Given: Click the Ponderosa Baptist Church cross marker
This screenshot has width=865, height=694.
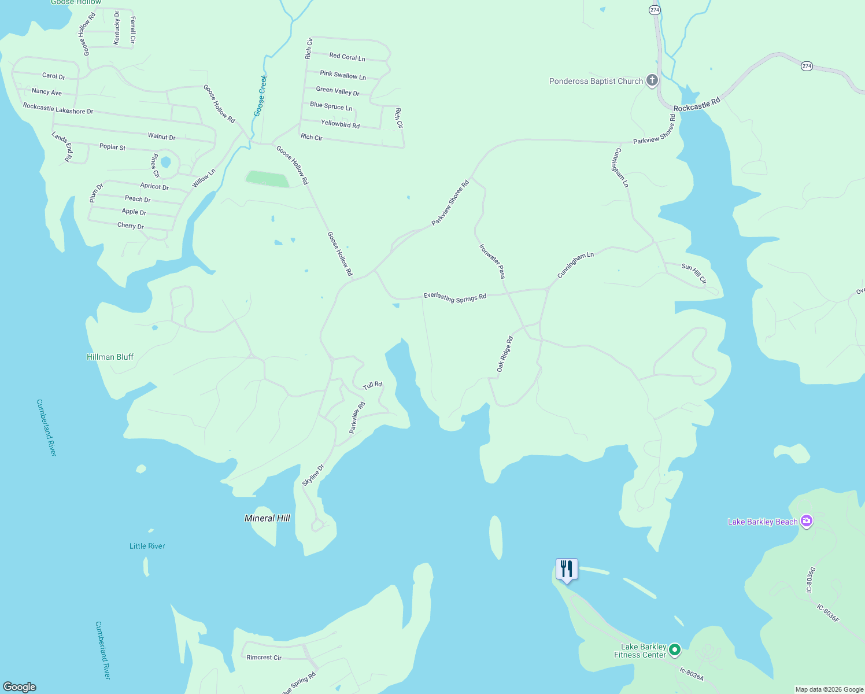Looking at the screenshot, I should [x=652, y=80].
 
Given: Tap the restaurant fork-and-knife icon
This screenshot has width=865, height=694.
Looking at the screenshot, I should [x=567, y=569].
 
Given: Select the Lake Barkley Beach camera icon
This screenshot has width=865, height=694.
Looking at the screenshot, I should [x=807, y=521].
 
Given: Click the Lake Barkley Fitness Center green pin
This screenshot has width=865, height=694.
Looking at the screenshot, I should [x=674, y=651].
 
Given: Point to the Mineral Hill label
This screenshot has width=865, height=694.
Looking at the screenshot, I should [x=267, y=518].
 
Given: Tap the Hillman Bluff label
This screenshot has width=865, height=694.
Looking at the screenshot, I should [x=110, y=357].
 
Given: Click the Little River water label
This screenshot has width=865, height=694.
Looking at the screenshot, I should [x=147, y=546].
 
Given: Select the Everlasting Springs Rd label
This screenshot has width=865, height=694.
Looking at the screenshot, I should [x=454, y=297].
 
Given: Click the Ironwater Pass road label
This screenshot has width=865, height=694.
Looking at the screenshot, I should [x=492, y=261].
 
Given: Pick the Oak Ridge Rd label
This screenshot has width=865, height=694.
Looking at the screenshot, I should [x=504, y=354].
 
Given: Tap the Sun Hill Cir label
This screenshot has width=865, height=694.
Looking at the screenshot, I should [x=694, y=274].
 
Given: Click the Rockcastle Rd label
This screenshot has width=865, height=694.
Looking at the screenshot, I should [x=697, y=105].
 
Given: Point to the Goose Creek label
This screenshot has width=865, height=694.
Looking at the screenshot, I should [x=261, y=95].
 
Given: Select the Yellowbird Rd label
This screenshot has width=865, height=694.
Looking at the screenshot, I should [x=340, y=124].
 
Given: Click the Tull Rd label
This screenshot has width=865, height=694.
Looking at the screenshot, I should [x=372, y=385].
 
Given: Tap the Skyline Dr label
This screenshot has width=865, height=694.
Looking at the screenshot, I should [x=313, y=475].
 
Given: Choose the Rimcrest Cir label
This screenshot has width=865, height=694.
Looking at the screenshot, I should [x=264, y=658].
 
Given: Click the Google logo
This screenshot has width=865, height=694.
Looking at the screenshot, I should [x=20, y=687].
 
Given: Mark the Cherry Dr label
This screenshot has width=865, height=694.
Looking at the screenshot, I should [x=131, y=226].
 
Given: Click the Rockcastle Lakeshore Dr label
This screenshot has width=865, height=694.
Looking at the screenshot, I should [x=58, y=109].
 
